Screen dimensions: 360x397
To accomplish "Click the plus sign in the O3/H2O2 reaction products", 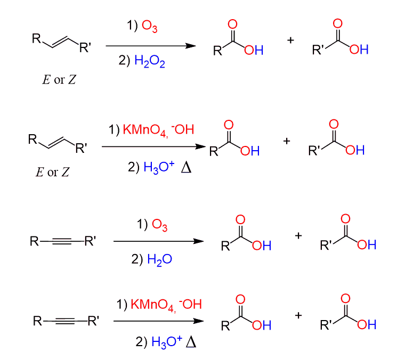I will pos(290,40).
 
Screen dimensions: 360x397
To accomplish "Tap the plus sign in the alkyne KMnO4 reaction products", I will pos(298,315).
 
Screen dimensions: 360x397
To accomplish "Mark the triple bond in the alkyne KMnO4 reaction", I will pos(69,321).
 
